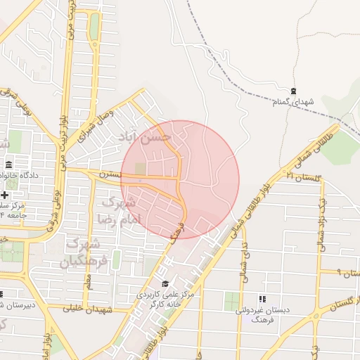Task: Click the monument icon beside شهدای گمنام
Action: coord(293,91)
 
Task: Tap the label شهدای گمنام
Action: coord(292,103)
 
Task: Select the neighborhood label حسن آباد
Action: coord(156,136)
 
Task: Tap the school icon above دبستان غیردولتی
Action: coord(262,299)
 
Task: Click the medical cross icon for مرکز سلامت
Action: coord(6,195)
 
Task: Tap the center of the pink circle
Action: coord(180,179)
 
